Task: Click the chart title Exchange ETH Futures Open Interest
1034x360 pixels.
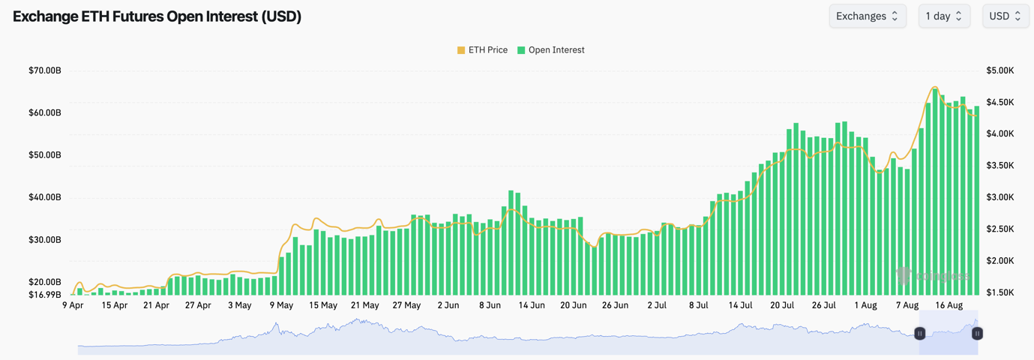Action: pos(157,16)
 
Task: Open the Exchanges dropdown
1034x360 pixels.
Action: pos(867,16)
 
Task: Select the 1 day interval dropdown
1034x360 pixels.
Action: pos(944,16)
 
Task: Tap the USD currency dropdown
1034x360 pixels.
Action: pos(1006,16)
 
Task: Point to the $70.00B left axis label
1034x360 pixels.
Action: pos(45,70)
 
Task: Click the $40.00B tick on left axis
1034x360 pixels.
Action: pos(45,197)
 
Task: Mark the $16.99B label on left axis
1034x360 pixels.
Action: pos(45,294)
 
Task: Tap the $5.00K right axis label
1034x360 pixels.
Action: pos(1000,70)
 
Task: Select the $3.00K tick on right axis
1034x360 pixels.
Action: pos(1000,197)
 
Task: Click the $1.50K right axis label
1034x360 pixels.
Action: pos(1000,292)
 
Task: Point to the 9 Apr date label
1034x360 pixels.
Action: pos(73,305)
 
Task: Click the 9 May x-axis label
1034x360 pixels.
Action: pos(281,305)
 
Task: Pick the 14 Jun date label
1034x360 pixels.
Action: pos(532,305)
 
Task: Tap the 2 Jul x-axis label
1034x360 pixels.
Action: pos(657,305)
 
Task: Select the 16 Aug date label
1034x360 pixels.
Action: pos(949,305)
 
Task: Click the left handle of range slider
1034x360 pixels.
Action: pos(920,333)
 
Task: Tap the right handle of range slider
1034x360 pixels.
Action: pos(977,333)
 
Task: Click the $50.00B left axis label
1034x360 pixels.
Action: pos(45,155)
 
